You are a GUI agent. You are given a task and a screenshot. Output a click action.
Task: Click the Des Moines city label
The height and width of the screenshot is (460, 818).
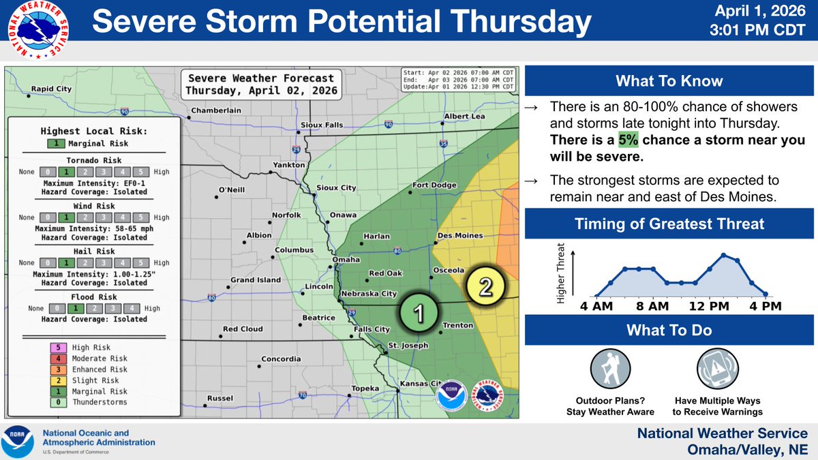(x=459, y=236)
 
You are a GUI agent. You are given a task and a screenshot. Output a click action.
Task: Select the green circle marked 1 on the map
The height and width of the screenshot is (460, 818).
(x=419, y=313)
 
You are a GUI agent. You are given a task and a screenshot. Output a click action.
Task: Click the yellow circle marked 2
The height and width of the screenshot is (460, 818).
(x=485, y=286)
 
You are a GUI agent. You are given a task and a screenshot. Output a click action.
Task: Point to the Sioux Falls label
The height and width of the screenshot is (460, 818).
(x=322, y=125)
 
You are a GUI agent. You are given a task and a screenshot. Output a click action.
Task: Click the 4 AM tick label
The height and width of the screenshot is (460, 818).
(x=596, y=307)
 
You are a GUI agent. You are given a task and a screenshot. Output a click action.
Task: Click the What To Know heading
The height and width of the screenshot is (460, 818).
(x=669, y=82)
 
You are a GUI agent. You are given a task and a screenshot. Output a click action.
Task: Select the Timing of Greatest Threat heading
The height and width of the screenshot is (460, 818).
(x=669, y=224)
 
